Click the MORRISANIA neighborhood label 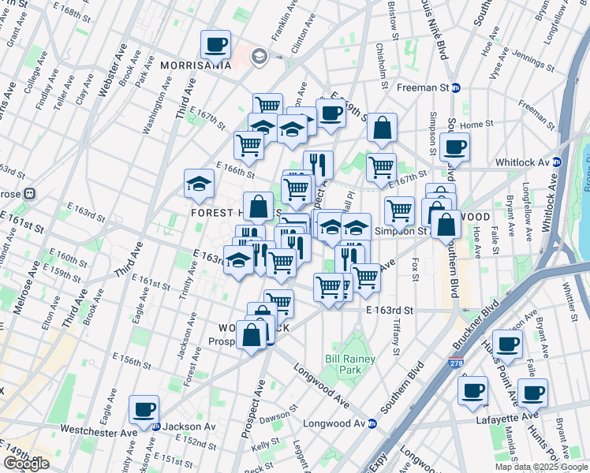point(195,65)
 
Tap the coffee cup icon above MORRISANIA point(216,46)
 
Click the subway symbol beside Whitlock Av point(556,162)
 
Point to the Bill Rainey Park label point(350,364)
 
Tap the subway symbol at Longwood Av point(372,424)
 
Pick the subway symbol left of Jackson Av point(156,426)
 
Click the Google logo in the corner point(26,464)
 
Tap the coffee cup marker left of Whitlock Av point(455,147)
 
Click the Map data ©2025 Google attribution point(540,467)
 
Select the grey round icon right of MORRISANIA point(259,57)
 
